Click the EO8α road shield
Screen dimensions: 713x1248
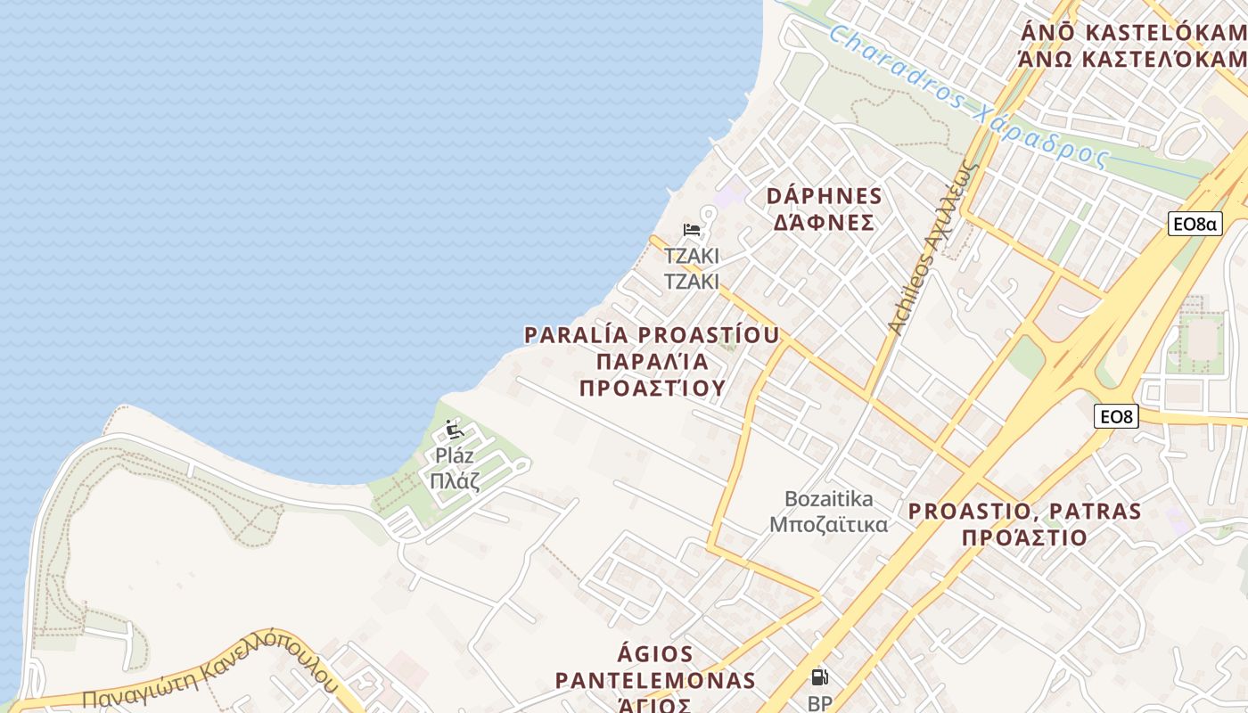coord(1195,224)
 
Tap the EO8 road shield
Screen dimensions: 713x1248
coord(1117,415)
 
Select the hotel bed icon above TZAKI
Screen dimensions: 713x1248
coord(691,230)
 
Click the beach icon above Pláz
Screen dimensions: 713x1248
coord(455,430)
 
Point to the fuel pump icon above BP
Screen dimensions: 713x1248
coord(819,677)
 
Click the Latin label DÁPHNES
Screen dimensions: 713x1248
coord(825,196)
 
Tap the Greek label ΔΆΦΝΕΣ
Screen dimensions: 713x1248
coord(825,223)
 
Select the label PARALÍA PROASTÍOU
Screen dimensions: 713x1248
coord(652,335)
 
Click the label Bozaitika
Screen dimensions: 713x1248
coord(829,498)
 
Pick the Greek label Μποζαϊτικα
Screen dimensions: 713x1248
coord(829,524)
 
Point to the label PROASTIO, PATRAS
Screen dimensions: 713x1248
coord(1024,512)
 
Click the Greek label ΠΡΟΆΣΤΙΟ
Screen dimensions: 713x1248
coord(1024,537)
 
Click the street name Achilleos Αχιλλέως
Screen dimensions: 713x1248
coord(932,250)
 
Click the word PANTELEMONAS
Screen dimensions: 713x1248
coord(655,681)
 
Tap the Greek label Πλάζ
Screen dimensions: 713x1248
coord(455,482)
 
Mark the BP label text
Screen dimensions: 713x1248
coord(819,703)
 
